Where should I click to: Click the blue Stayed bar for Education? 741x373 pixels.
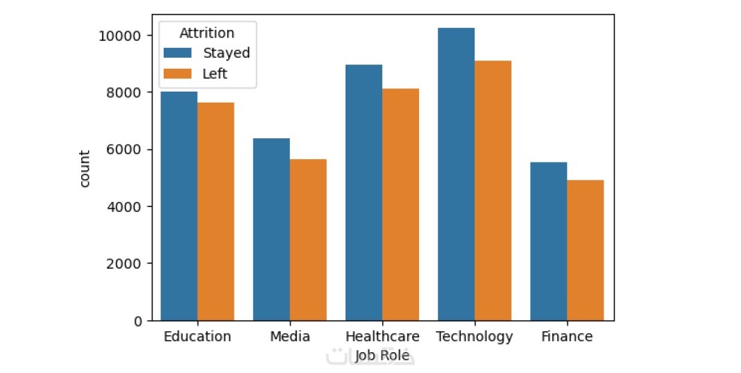coord(179,206)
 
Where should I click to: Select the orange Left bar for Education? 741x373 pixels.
coord(216,212)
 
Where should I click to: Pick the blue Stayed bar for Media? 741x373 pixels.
coord(272,230)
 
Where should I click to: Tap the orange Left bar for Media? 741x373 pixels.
coord(309,240)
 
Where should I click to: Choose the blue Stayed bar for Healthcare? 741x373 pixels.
coord(364,192)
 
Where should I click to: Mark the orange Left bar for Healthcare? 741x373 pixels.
coord(401,204)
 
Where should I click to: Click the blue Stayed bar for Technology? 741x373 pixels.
coord(457,174)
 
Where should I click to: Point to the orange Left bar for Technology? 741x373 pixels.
coord(493,191)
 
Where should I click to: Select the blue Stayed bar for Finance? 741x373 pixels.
coord(549,242)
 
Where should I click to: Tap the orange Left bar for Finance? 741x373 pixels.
coord(586,250)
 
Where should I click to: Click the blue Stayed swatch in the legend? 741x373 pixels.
coord(178,53)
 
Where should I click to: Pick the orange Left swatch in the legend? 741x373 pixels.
coord(178,74)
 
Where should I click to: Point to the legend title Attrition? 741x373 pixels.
coord(207,33)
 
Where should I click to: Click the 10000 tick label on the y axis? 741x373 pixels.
coord(120,36)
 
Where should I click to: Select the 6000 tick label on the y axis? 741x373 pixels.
coord(124,149)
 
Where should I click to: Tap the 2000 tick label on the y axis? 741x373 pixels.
coord(124,264)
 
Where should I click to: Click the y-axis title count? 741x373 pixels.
coord(84,169)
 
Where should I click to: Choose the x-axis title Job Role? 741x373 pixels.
coord(382,355)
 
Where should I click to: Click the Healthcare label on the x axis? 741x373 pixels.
coord(382,337)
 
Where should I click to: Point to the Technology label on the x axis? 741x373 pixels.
coord(475,337)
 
